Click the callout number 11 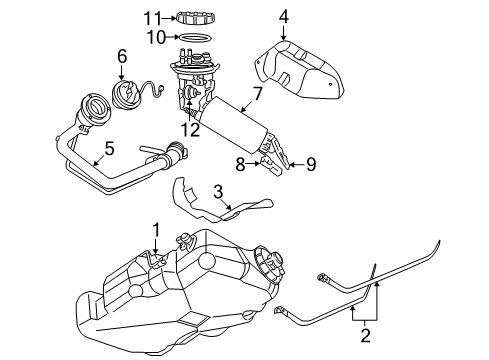[x=151, y=17]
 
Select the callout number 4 [x=283, y=16]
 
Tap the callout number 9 [x=310, y=163]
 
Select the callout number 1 [x=155, y=231]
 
